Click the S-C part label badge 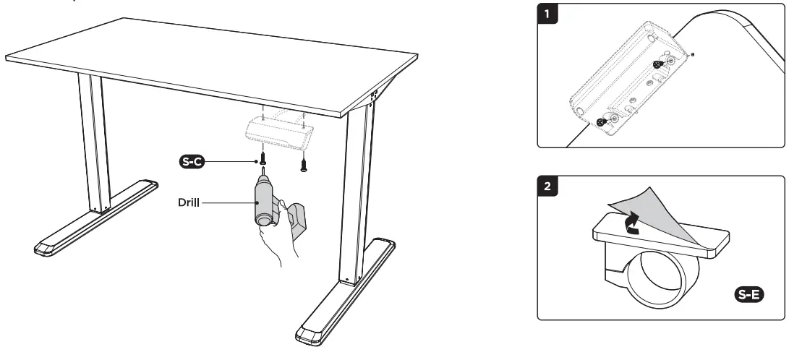click(x=192, y=161)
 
